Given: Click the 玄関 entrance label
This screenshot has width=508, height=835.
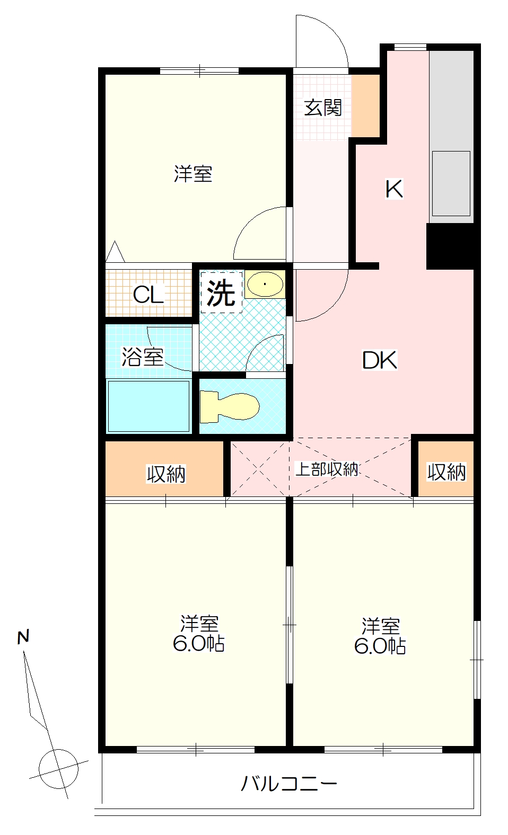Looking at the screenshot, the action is click(x=323, y=108).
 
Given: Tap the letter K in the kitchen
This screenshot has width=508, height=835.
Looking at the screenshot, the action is click(x=394, y=189).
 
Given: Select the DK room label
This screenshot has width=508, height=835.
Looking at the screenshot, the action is click(x=380, y=360).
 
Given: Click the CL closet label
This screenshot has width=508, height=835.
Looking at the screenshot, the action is click(x=148, y=295).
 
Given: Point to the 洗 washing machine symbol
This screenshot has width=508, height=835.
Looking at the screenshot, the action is click(x=221, y=292).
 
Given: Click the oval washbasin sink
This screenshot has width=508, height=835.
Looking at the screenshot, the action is click(x=265, y=285).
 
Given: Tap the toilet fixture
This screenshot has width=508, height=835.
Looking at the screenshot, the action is click(x=230, y=407).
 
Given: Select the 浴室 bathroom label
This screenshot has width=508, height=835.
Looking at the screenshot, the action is click(x=143, y=357).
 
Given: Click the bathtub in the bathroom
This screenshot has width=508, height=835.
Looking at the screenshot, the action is click(x=148, y=406).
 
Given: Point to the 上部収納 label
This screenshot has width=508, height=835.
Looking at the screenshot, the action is click(x=327, y=469).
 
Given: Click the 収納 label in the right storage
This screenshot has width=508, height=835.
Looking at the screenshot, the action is click(x=446, y=472).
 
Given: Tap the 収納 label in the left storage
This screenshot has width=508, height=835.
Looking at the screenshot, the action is click(x=166, y=474).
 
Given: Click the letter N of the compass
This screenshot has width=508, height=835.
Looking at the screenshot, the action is click(x=23, y=637).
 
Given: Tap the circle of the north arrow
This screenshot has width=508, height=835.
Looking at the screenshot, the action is click(x=58, y=769).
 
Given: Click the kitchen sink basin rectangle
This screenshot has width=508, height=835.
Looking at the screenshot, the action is click(x=451, y=183).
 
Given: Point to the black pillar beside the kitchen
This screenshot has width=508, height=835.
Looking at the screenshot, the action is click(x=451, y=246).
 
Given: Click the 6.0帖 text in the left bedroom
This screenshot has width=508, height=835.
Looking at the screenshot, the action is click(x=198, y=644).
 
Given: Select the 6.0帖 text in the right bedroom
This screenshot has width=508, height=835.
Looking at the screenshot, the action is click(x=380, y=646).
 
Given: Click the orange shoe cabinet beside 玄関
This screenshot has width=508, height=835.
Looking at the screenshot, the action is click(x=365, y=105).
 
